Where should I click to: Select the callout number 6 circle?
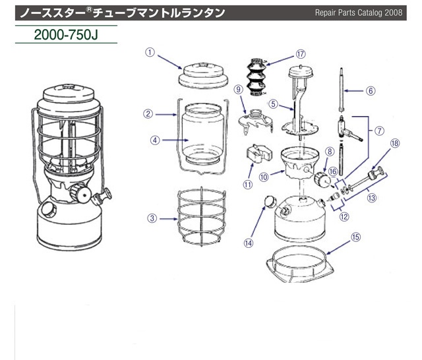pos(371,90)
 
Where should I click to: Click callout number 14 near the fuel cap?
pos(249,242)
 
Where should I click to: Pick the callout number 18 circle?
pos(395,142)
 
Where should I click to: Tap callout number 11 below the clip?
pos(248,185)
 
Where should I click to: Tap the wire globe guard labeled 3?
pos(201,218)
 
